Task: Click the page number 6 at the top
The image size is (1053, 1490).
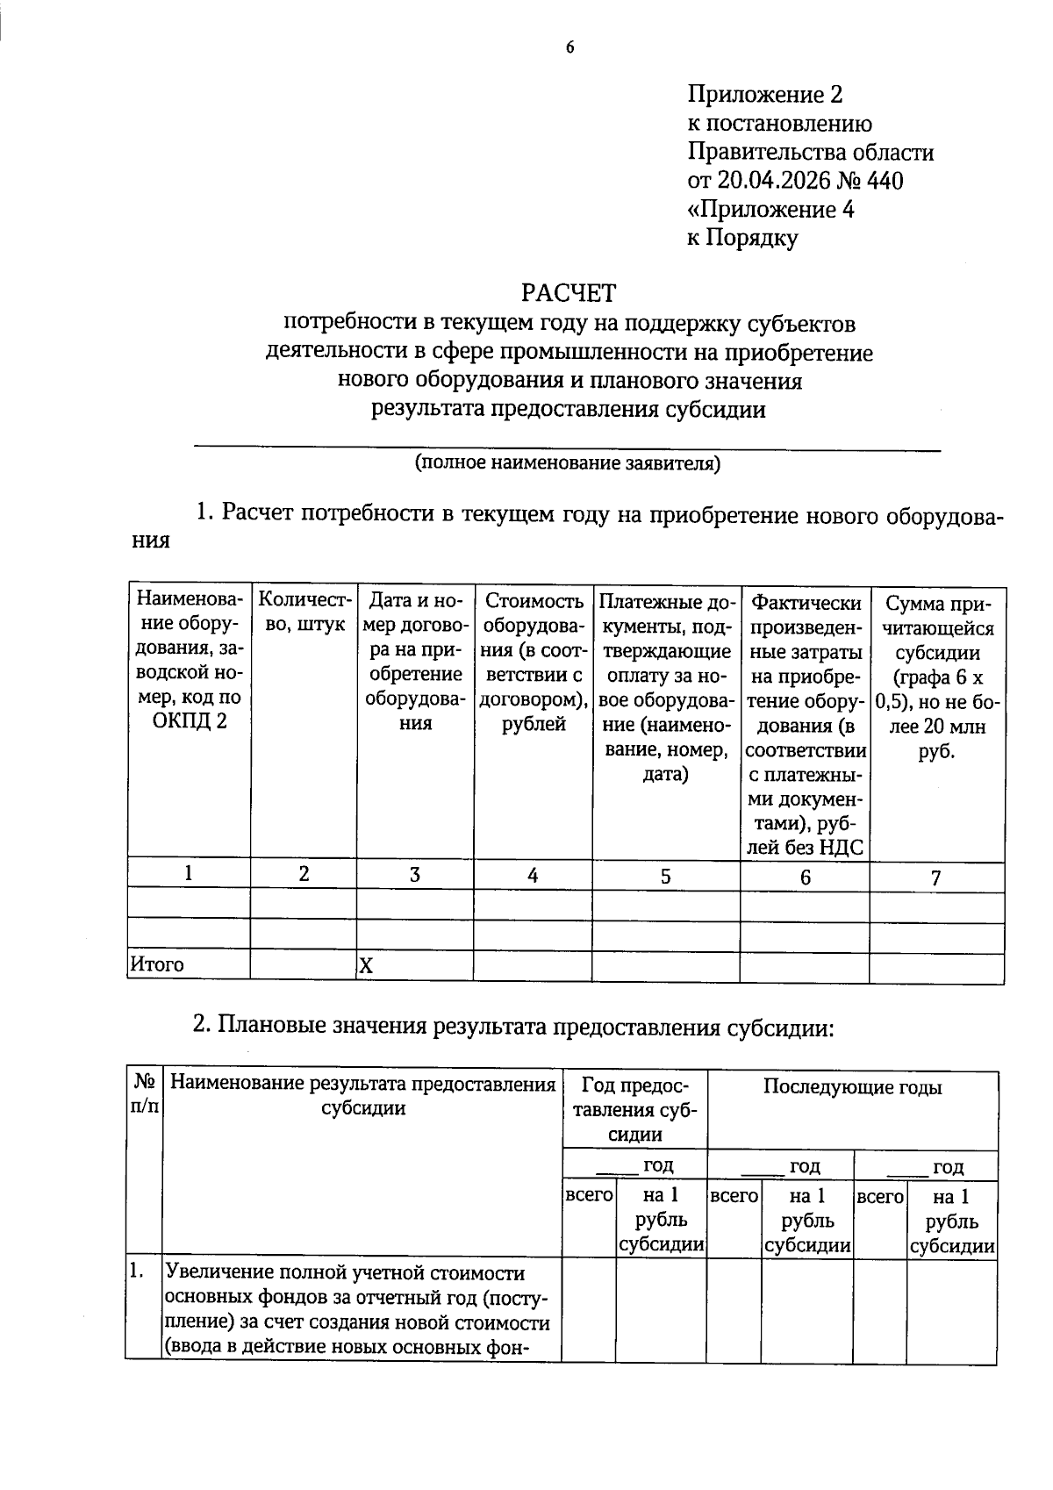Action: (569, 48)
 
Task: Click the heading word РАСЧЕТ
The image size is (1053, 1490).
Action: (569, 292)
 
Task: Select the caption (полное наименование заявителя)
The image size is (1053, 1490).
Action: (567, 463)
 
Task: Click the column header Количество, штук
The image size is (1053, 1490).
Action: (304, 612)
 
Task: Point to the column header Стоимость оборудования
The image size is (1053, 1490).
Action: (533, 663)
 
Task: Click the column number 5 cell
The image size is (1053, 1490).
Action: (665, 876)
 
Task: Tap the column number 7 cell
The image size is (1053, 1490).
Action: (935, 878)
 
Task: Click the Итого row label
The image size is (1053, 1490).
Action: (157, 965)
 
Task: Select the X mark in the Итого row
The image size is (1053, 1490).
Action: (366, 967)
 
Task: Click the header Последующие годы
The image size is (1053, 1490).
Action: (851, 1087)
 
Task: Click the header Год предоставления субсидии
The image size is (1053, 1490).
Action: (634, 1109)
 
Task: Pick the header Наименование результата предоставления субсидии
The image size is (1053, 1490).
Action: (362, 1095)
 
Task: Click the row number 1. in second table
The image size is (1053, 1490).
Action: (136, 1270)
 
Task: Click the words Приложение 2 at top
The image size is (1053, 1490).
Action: (764, 95)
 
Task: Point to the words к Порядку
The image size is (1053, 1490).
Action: (741, 238)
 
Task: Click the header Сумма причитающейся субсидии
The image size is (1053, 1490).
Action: (936, 677)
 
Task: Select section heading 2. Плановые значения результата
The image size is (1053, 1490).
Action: (512, 1025)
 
